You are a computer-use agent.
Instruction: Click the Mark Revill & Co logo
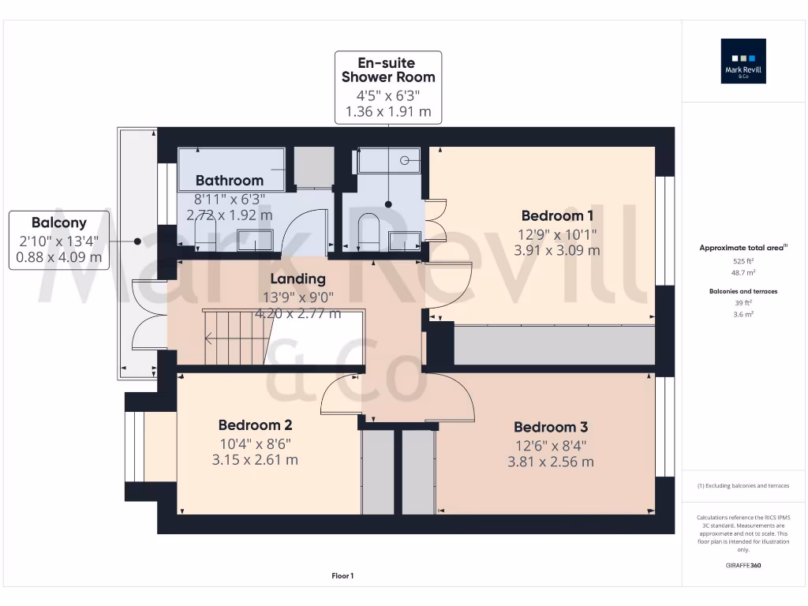743,62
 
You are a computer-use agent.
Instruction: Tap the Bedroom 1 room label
557,215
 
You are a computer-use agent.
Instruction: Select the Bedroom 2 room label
255,425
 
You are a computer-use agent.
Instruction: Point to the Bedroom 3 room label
551,427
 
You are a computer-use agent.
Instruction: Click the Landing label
297,279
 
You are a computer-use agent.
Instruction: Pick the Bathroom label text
230,180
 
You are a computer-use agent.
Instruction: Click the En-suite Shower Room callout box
387,87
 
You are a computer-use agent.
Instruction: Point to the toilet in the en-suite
368,231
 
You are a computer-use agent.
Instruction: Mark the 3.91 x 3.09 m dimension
557,250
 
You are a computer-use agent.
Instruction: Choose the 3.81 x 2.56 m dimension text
551,462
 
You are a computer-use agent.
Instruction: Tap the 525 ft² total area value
743,260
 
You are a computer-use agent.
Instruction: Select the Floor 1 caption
342,577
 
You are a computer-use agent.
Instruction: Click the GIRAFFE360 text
743,566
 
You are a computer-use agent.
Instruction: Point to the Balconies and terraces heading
743,291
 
